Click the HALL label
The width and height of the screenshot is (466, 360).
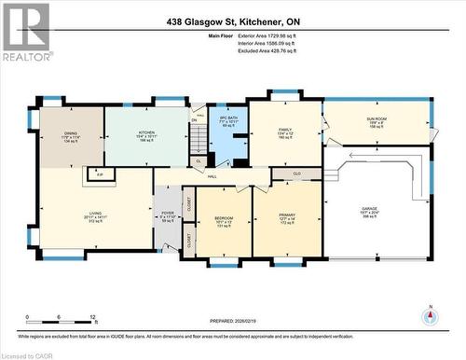pyautogui.click(x=212, y=176)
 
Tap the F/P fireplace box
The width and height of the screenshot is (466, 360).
pyautogui.click(x=100, y=173)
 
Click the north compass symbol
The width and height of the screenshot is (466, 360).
pyautogui.click(x=430, y=314)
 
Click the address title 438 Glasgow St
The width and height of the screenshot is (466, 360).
pyautogui.click(x=232, y=22)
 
